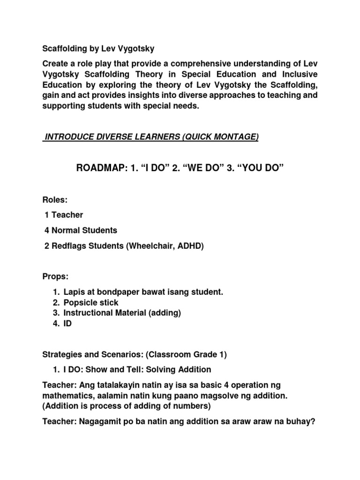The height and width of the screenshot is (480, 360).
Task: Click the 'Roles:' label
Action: pos(55,200)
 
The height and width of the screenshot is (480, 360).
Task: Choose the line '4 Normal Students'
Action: pos(81,230)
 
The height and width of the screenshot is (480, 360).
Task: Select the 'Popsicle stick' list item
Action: pos(91,302)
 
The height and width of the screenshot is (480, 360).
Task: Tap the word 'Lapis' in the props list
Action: pos(74,292)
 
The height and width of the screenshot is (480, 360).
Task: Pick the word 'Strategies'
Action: pos(61,355)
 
